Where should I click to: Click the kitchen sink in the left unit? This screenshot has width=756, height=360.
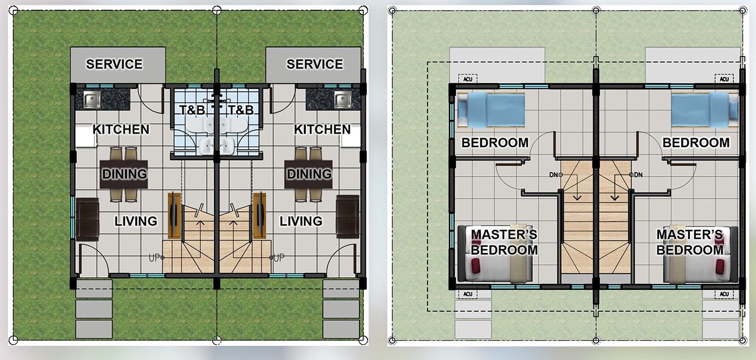click(92, 100)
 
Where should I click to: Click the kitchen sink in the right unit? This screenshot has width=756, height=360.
click(343, 100)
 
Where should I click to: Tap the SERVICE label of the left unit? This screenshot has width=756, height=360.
click(114, 64)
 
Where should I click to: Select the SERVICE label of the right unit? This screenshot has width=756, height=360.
click(314, 64)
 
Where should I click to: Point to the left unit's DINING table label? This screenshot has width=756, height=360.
click(125, 174)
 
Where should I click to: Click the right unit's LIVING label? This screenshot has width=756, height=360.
click(301, 221)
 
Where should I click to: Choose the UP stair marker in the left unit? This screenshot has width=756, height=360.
click(156, 258)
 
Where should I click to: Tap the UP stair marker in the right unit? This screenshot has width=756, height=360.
click(277, 258)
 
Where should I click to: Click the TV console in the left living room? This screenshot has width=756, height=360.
click(174, 215)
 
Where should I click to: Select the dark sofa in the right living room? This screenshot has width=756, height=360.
click(348, 217)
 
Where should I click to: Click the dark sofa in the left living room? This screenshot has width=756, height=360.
click(87, 219)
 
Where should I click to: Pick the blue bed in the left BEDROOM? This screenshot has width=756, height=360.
click(491, 110)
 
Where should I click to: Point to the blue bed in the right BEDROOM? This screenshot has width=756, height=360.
click(704, 110)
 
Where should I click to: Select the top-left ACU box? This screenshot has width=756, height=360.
click(468, 79)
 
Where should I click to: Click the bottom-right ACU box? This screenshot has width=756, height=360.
click(724, 294)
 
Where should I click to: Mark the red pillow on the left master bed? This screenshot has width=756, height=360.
click(476, 266)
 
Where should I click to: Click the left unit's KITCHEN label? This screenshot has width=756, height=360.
click(121, 130)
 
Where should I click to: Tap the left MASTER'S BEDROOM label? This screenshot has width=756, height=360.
click(504, 242)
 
